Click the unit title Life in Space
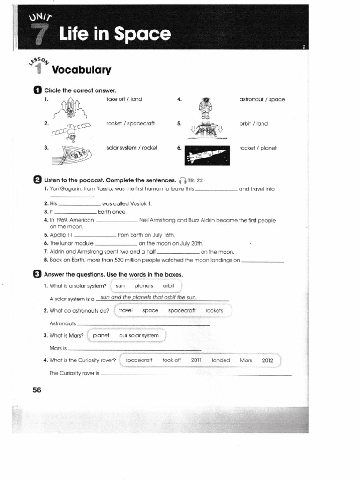click(x=115, y=34)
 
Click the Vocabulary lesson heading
click(x=82, y=70)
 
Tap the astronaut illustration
click(x=205, y=107)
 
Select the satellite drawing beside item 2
click(x=70, y=129)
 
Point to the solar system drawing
click(x=71, y=153)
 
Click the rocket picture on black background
click(x=207, y=154)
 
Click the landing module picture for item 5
click(x=207, y=129)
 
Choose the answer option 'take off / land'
click(x=124, y=99)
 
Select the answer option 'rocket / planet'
click(x=258, y=148)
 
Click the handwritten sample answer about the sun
click(x=149, y=297)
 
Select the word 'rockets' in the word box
click(x=214, y=310)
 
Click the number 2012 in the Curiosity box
click(x=268, y=360)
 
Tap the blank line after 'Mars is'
click(x=135, y=349)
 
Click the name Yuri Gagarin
click(x=68, y=189)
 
